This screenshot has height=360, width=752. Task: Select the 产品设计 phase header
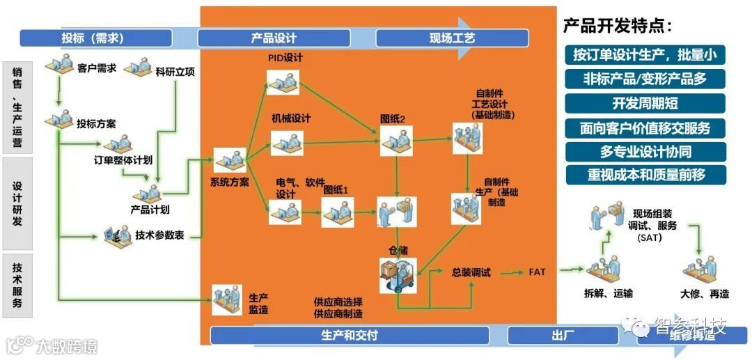(274, 38)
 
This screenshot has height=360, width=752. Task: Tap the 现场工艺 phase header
(452, 38)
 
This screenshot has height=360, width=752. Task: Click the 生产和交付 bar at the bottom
(350, 336)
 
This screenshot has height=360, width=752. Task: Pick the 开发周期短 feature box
(645, 104)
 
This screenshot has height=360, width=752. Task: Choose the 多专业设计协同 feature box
(645, 151)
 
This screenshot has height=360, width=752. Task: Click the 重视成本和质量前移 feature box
(645, 175)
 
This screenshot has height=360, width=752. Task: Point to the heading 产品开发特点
(618, 26)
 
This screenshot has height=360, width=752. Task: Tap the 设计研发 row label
(17, 203)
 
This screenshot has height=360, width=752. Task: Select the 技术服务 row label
(17, 285)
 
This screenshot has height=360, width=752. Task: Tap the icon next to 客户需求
(59, 68)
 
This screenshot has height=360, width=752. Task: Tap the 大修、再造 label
(705, 295)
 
